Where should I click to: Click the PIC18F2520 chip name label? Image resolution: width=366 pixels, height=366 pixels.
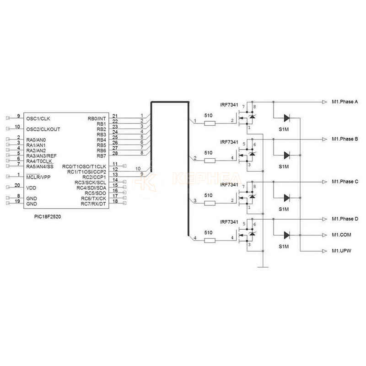coord(44,216)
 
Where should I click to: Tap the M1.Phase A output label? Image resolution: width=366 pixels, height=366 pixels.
coord(344,102)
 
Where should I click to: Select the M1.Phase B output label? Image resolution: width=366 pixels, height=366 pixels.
coord(344,139)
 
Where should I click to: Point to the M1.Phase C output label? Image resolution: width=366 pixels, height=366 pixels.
coord(344,182)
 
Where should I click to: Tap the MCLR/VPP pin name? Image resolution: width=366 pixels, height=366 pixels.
coord(39,177)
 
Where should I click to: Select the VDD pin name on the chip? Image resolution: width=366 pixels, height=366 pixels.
coord(31,188)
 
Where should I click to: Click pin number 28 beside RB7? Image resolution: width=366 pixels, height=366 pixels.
coord(115,153)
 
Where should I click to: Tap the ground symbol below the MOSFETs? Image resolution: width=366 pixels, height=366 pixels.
coord(263,265)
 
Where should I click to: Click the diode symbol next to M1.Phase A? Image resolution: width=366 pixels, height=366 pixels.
coord(286,118)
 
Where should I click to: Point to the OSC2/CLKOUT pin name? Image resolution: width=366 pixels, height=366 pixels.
coord(43,129)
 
